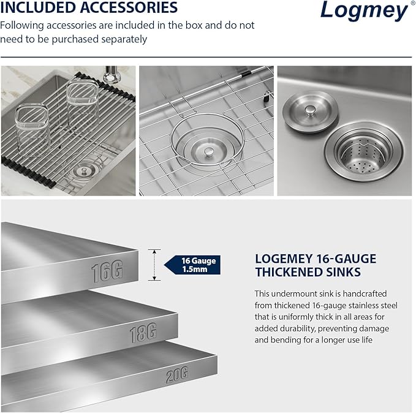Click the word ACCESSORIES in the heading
(x=130, y=8)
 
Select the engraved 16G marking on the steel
(x=107, y=271)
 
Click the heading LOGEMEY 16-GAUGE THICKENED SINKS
(x=316, y=265)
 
